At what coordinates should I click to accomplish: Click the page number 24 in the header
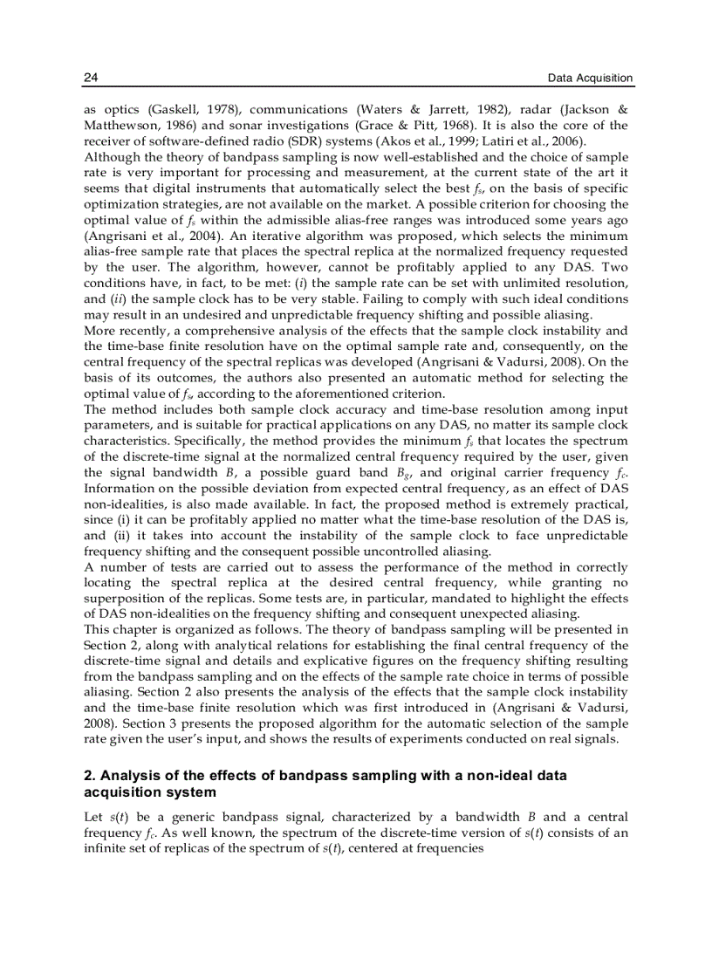(x=90, y=79)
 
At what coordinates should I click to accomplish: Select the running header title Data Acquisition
(x=590, y=79)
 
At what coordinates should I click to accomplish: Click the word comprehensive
(x=228, y=331)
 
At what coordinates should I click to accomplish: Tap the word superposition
(x=127, y=599)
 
